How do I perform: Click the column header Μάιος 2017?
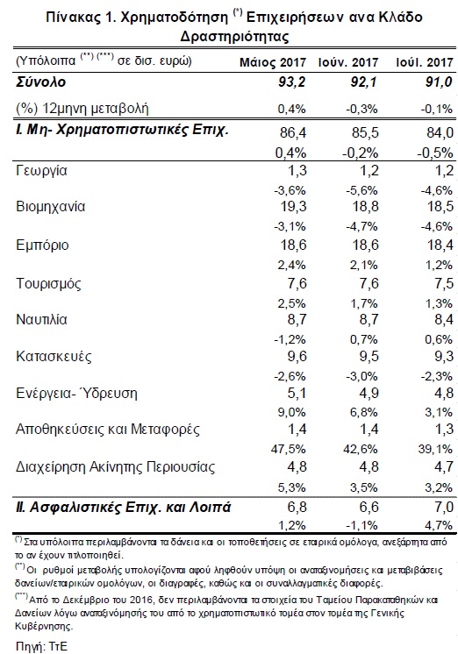tap(273, 62)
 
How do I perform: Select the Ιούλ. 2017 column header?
tap(424, 62)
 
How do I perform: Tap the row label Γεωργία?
tap(41, 171)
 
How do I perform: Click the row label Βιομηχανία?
tap(51, 207)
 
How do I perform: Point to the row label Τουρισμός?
tap(48, 284)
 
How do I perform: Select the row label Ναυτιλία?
tap(41, 319)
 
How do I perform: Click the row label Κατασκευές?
tap(54, 357)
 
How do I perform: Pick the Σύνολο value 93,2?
tap(292, 82)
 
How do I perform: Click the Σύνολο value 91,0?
tap(440, 82)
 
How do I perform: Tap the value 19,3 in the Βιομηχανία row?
tap(294, 207)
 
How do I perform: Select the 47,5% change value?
tap(289, 449)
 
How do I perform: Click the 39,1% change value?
tap(435, 449)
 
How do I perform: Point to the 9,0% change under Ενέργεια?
tap(292, 412)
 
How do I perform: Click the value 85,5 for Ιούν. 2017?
tap(365, 132)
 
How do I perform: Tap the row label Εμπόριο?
tap(42, 245)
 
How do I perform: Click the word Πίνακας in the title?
tap(72, 17)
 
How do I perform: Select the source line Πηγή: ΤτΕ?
tap(41, 646)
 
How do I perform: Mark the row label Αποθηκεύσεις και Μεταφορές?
tap(108, 430)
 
